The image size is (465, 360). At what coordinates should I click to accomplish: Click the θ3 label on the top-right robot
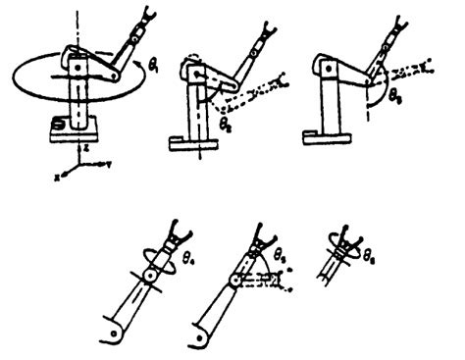395,99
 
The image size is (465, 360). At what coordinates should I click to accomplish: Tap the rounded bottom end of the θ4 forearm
115,331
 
